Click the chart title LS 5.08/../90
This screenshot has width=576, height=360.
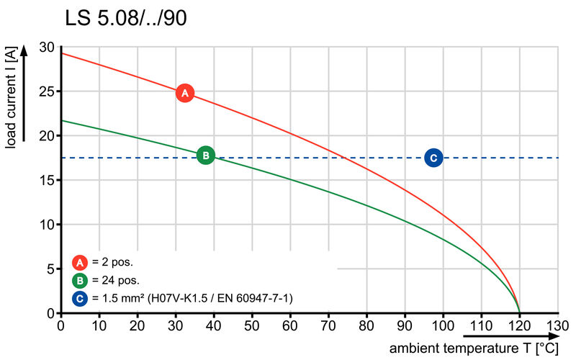tap(126, 18)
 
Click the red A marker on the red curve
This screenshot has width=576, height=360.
tap(185, 93)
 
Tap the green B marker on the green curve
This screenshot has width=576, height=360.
tap(205, 155)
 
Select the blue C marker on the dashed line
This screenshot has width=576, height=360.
tap(433, 158)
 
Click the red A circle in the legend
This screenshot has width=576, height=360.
tap(81, 262)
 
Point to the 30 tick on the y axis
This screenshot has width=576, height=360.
tap(47, 48)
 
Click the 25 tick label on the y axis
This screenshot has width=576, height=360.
tap(47, 91)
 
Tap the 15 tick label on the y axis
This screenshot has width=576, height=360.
tap(47, 180)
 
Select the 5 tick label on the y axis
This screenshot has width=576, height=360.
tap(50, 269)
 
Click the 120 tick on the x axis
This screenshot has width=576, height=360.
tap(519, 325)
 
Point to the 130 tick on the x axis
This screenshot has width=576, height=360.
tap(557, 325)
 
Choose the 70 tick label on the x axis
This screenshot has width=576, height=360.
tap(328, 325)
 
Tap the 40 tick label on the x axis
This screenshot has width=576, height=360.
tap(214, 325)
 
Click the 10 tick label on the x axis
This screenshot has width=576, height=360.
tap(99, 325)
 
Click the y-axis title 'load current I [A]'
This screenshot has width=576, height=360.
tap(12, 97)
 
